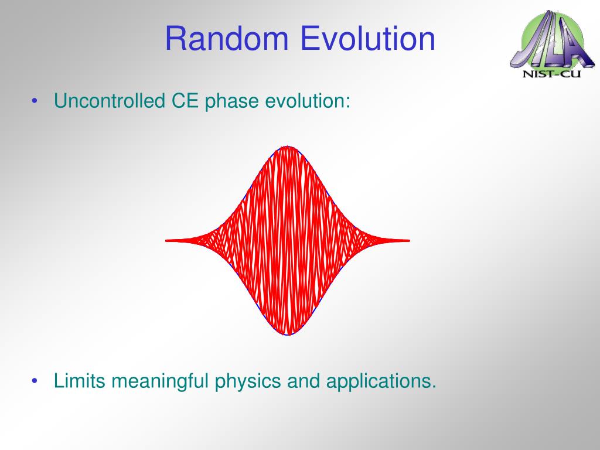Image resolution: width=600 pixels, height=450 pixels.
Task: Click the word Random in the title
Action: [226, 38]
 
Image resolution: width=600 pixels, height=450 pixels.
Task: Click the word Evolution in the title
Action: [368, 38]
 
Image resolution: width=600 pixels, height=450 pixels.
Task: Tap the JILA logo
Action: [552, 44]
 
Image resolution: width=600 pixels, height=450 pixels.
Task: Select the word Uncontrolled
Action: [109, 101]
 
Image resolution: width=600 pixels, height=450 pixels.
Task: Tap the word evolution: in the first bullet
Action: [308, 101]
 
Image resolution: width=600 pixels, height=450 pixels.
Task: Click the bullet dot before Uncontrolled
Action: [35, 101]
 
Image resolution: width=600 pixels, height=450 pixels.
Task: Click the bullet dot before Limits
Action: [35, 381]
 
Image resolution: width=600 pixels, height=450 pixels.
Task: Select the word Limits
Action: [79, 381]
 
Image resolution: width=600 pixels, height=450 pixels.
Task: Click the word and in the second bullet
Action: [304, 381]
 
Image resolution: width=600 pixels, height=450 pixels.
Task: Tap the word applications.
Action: [381, 381]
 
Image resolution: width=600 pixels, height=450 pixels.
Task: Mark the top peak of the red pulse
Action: [287, 146]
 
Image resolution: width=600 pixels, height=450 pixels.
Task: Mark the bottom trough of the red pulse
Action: [288, 335]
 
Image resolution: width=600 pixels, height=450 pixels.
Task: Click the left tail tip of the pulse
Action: [166, 241]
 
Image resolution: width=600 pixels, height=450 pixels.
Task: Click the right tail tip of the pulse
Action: [409, 241]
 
